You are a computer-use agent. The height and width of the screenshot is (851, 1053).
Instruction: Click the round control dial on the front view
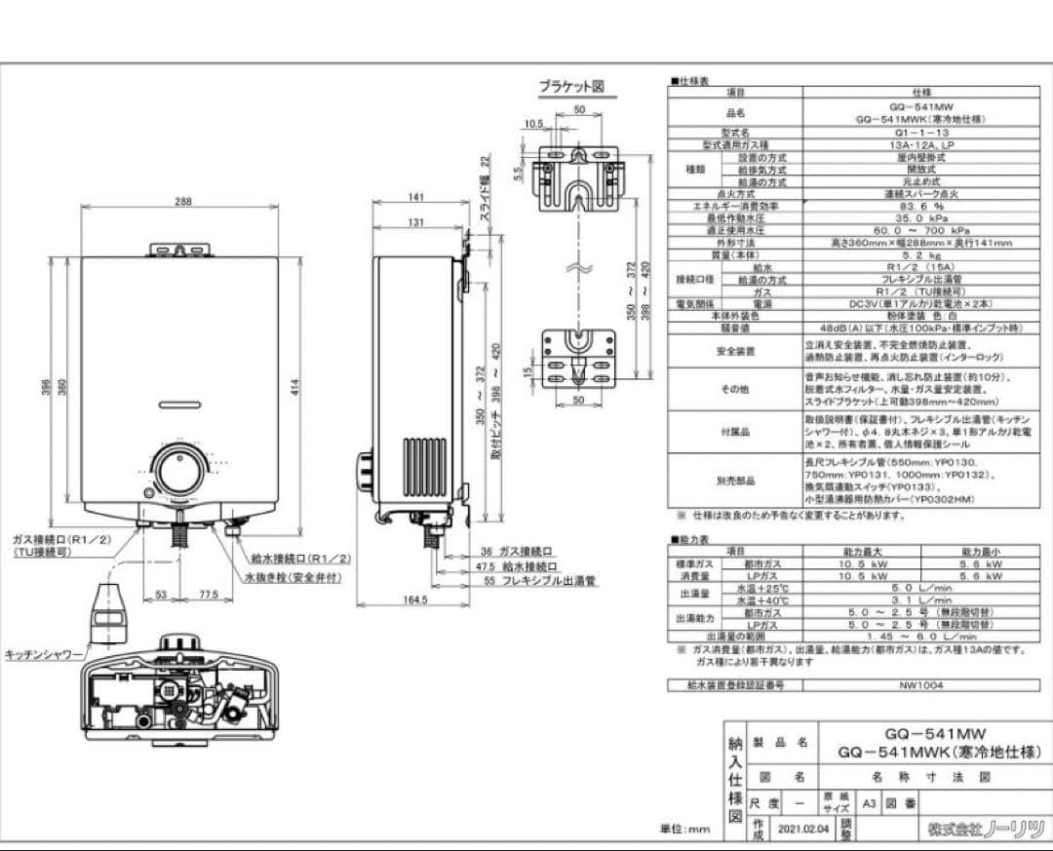coord(180,471)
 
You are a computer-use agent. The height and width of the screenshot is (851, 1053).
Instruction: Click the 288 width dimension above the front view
coord(182,202)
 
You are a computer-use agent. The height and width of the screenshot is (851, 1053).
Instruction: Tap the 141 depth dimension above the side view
coord(417,197)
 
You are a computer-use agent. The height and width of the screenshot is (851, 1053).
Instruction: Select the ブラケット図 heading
coord(572,87)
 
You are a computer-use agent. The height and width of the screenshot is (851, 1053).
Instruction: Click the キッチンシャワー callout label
coord(44,655)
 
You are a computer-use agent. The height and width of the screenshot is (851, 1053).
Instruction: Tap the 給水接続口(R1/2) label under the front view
coord(302,559)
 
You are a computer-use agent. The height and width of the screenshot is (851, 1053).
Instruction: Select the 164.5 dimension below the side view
coord(415,600)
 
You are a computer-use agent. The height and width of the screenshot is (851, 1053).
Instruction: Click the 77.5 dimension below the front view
coord(208,596)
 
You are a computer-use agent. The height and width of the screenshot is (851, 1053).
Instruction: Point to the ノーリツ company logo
coord(986,830)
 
